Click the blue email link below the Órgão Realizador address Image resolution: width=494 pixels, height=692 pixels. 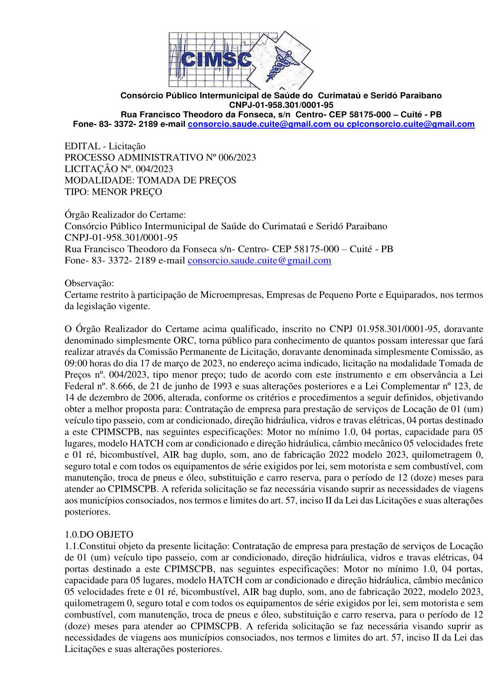pyautogui.click(x=259, y=261)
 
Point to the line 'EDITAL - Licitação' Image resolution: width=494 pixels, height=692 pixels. pyautogui.click(x=105, y=146)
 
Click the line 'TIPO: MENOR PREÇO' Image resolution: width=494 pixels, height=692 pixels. pyautogui.click(x=113, y=192)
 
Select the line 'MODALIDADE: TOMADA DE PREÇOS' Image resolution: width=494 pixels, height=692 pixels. pyautogui.click(x=150, y=180)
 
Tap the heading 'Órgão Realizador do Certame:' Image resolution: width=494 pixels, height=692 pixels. pyautogui.click(x=126, y=215)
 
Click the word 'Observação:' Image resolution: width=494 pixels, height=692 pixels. pyautogui.click(x=89, y=284)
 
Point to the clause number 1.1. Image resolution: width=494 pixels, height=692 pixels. pyautogui.click(x=71, y=546)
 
